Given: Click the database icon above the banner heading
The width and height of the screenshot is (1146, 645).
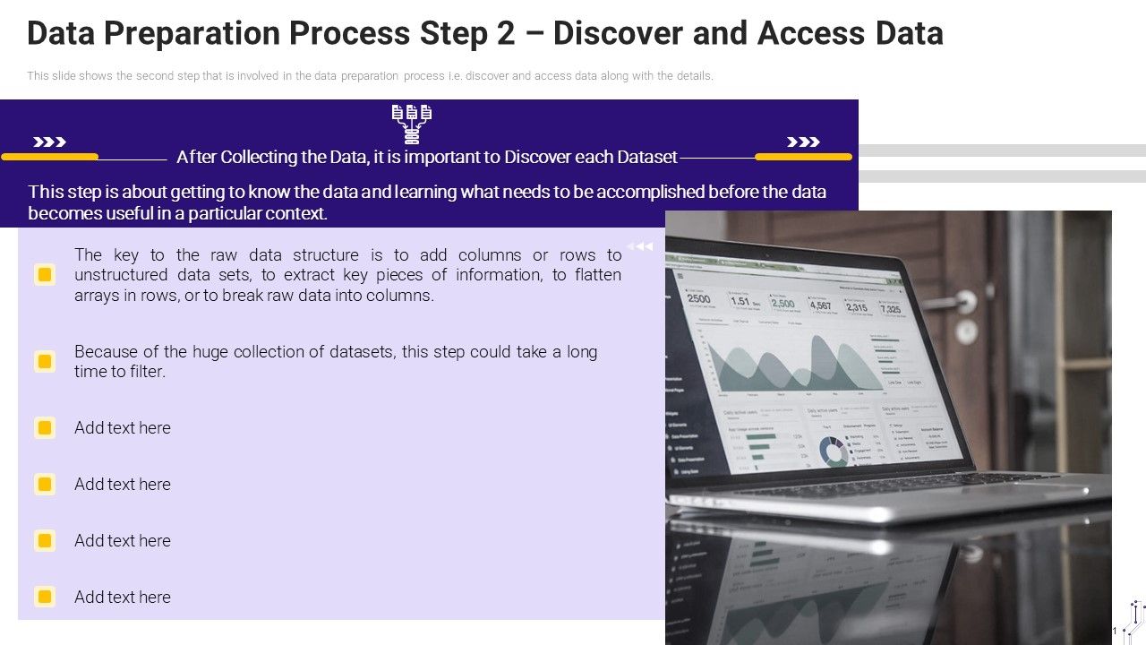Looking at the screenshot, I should pos(412,124).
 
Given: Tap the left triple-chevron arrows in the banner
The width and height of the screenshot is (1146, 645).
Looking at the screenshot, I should pos(49,142).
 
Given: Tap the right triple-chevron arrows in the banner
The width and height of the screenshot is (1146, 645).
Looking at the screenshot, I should pos(803,142).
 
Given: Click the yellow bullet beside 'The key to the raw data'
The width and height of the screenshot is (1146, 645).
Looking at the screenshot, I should pos(45,274).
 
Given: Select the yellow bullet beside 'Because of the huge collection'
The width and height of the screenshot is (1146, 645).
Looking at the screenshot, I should pos(45,361).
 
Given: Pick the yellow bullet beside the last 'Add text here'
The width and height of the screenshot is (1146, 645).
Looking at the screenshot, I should pos(45,597).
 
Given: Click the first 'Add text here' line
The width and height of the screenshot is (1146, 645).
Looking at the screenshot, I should pos(123,427).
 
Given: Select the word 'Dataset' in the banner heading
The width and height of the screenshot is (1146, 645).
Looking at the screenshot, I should pos(646,157).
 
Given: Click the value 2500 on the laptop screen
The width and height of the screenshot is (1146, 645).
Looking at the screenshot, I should pos(698,299).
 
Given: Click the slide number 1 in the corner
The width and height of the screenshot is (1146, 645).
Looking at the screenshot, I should pos(1115,632).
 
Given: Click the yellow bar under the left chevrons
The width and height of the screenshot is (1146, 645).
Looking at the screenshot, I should pos(49,157).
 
